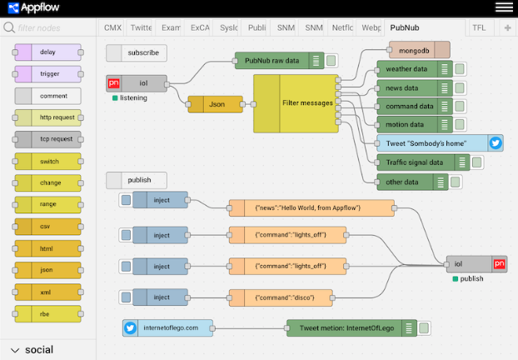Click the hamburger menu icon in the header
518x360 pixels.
504,7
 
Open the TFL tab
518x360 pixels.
479,27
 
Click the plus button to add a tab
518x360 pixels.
508,27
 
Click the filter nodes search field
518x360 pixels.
50,27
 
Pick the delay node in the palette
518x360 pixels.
47,52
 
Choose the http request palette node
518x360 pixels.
47,117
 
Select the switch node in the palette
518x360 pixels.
47,161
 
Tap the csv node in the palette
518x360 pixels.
47,226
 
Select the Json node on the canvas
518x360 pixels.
216,104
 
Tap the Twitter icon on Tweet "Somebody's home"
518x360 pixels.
496,142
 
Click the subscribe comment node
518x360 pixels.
137,52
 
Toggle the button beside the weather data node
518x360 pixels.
459,68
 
